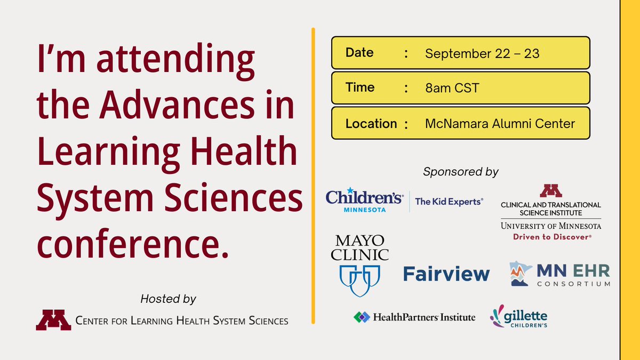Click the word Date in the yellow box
pos(359,53)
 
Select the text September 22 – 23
pos(482,53)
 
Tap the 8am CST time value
pos(452,88)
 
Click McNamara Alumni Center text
pos(500,124)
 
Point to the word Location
pos(371,124)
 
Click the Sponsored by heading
pos(460,172)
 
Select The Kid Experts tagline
pos(449,201)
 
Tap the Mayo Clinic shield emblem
pos(359,280)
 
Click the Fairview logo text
pos(446,274)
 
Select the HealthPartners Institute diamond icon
pos(361,317)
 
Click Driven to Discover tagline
pos(550,237)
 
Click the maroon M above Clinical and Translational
pos(550,190)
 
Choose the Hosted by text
pos(168,299)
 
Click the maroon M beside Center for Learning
pos(53,320)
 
